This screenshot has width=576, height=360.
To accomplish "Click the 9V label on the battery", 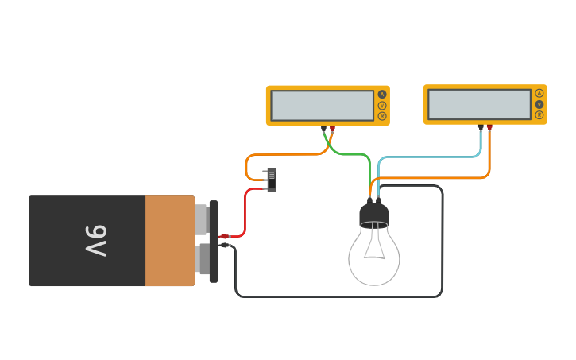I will (95, 241).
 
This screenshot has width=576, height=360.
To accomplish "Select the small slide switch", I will (271, 180).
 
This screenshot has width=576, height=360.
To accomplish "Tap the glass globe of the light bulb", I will (374, 258).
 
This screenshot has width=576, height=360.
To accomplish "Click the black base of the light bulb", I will (374, 215).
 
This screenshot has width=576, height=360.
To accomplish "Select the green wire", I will (350, 153).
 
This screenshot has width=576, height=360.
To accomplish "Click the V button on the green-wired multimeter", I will (382, 105).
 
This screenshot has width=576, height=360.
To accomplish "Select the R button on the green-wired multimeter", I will (382, 116).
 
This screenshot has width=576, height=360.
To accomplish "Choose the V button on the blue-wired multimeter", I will (539, 104).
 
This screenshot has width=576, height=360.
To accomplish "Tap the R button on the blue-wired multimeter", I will (539, 115).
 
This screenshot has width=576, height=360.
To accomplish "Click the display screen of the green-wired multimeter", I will (322, 106).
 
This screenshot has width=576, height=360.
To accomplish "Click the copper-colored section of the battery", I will (169, 241).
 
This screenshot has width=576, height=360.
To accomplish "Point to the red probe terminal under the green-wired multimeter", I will (332, 127).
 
